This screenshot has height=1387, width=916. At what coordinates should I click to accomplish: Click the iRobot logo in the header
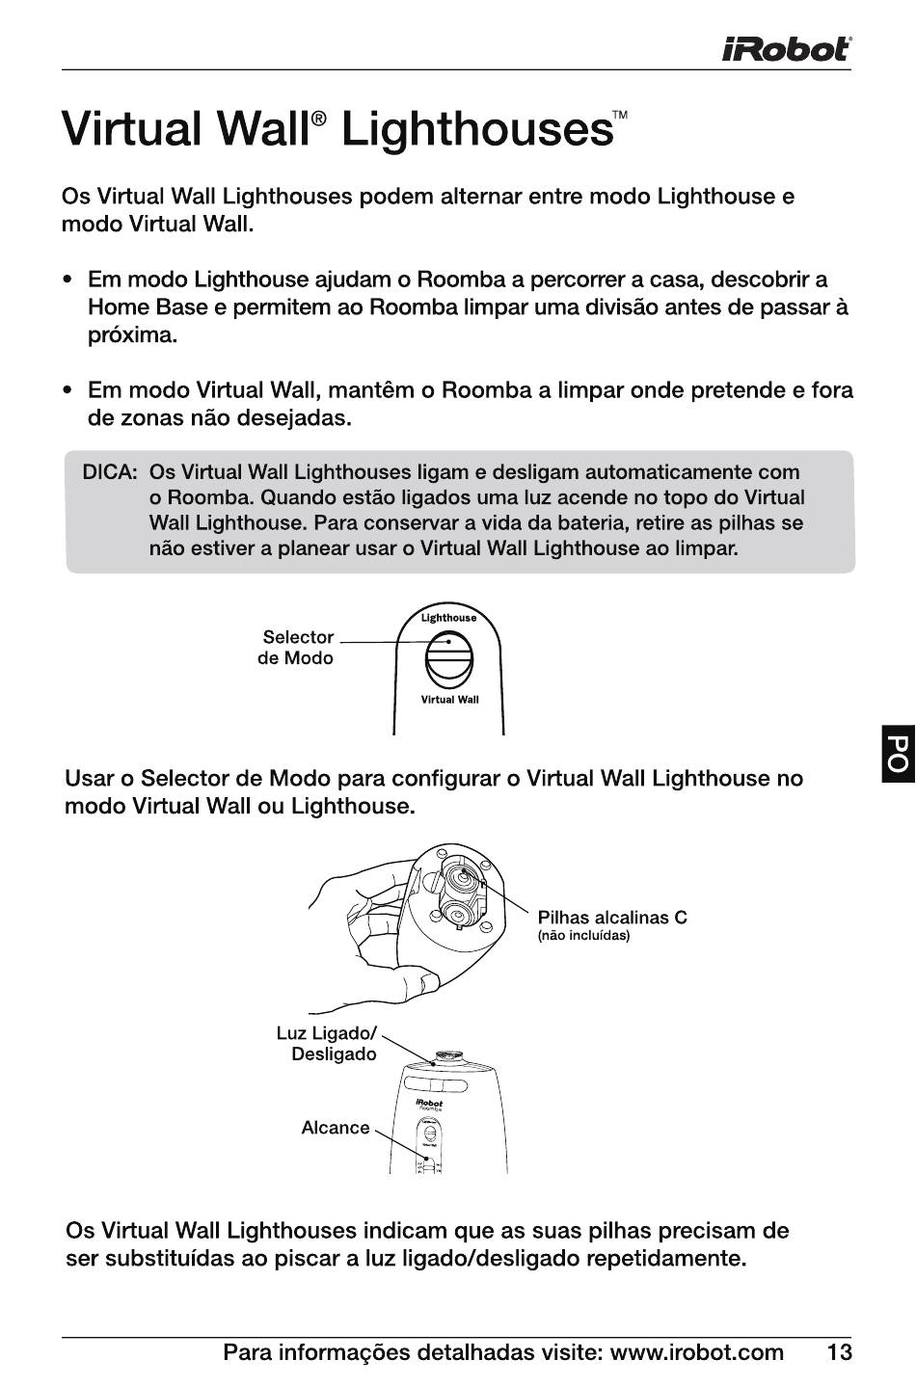pos(786,48)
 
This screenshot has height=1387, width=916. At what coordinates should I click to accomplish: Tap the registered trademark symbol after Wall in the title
pos(319,118)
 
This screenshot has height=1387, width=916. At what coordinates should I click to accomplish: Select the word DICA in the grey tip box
pos(110,473)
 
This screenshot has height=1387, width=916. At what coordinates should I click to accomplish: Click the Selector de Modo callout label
pos(296,648)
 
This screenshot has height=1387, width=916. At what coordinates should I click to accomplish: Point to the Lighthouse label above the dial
pos(448,618)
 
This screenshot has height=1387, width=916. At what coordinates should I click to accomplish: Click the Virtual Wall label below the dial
pos(449,700)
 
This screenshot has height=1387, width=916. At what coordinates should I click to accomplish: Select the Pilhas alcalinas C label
pos(612,918)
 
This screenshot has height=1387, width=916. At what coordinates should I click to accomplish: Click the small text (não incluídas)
pos(583,937)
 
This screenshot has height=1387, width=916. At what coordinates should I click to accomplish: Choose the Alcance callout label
pos(336,1128)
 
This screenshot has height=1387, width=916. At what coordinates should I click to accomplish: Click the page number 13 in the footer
pos(839,1353)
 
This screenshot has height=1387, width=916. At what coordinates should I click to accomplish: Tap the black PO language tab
pos(897,755)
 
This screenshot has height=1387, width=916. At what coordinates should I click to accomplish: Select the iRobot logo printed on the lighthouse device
pos(429,1103)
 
